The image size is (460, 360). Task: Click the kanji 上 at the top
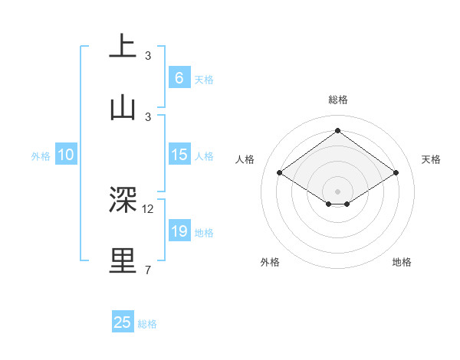pos(123,46)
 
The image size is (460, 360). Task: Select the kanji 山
pos(123,106)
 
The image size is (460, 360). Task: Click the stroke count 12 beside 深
pos(148,208)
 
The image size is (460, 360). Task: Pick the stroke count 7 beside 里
pos(147,270)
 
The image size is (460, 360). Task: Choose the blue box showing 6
pos(179,77)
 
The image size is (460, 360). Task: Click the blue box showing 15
pos(179,155)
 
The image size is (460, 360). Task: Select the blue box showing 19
pos(179,231)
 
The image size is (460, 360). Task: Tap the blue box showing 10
pos(66,155)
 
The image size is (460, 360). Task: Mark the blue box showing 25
pos(122,322)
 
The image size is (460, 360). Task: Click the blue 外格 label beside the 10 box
pos(41,156)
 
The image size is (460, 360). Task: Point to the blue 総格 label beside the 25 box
pos(147,324)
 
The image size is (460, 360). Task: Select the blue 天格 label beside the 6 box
pos(204,79)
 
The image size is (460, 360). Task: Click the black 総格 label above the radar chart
pos(337,100)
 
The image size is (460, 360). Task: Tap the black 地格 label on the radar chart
pos(402,262)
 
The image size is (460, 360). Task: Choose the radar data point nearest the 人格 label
pos(280,173)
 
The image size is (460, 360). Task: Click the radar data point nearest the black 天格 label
pos(396,173)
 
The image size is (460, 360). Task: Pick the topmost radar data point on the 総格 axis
pos(337,131)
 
